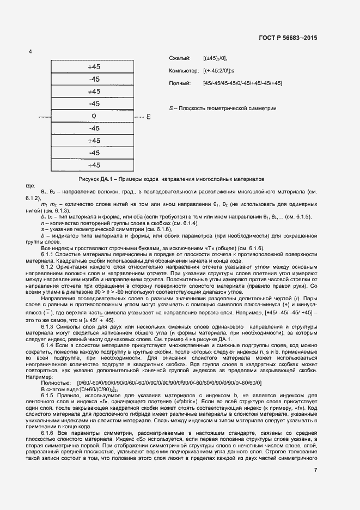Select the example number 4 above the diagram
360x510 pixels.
point(30,52)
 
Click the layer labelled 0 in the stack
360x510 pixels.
point(94,116)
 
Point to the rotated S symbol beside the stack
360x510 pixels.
point(148,117)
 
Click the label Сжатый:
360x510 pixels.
point(180,58)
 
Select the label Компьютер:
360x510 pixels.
point(185,71)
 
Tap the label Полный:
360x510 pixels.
point(181,83)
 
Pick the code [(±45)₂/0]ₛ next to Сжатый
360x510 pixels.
point(216,58)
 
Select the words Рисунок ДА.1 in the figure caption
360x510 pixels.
point(99,179)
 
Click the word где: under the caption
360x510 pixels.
point(30,186)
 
